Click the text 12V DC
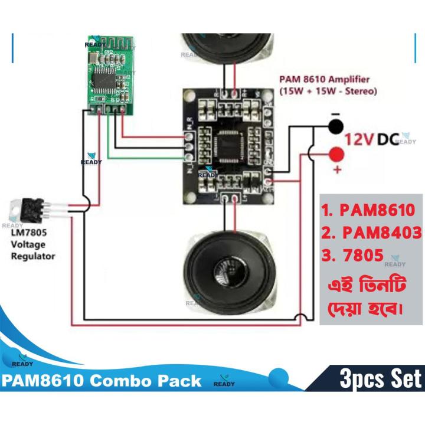(371, 140)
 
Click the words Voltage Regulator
(33, 250)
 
